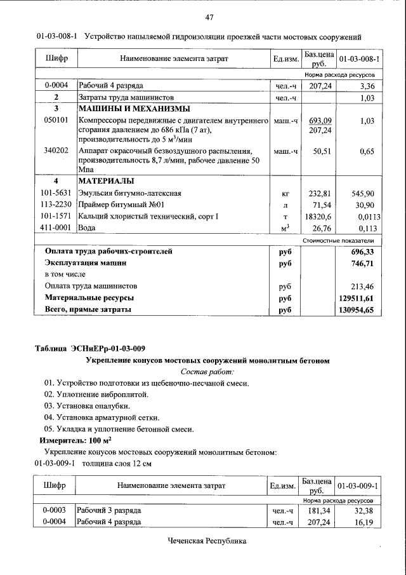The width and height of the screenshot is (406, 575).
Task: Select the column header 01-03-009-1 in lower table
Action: click(358, 485)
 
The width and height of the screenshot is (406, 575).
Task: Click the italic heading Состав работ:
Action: click(207, 371)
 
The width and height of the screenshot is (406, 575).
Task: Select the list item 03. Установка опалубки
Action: click(87, 406)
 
